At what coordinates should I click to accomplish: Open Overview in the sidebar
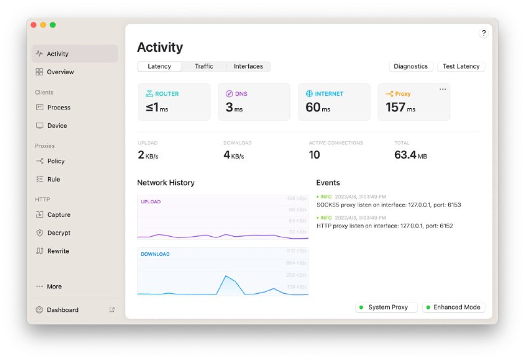tap(60, 72)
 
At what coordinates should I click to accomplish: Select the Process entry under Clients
tap(58, 108)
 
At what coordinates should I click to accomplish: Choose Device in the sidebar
tap(56, 126)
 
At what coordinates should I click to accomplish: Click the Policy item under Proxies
tap(56, 161)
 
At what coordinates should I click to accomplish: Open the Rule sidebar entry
tap(53, 180)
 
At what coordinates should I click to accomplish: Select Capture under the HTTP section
tap(58, 215)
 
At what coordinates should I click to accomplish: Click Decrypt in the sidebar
tap(58, 233)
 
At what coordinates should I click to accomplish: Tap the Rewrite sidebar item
tap(58, 251)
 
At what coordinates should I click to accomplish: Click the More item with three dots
tap(54, 287)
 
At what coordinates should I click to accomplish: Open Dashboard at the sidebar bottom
tap(62, 310)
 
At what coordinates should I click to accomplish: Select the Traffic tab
tap(204, 66)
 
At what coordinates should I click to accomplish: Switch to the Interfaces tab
tap(248, 66)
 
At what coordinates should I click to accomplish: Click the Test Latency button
tap(461, 66)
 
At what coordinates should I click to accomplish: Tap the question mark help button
tap(484, 33)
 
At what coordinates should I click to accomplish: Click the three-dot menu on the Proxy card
tap(442, 89)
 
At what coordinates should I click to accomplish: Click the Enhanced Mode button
tap(453, 307)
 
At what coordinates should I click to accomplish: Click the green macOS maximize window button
tap(52, 25)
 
